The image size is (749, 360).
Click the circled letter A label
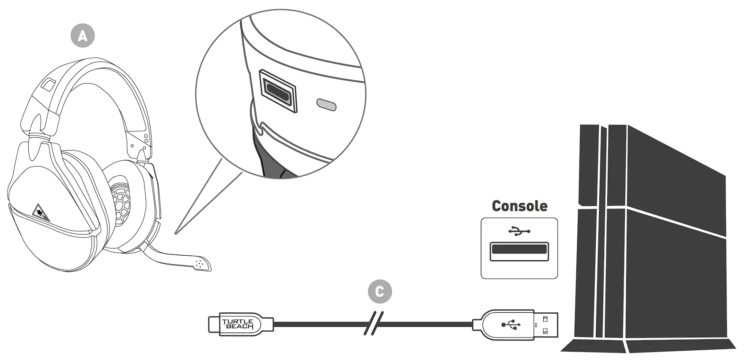(83, 35)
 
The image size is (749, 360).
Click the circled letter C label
(379, 292)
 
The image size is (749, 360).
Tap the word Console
(519, 206)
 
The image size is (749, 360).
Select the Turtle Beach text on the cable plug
(238, 325)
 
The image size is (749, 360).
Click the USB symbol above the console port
(519, 231)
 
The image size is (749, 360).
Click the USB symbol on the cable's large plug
(511, 325)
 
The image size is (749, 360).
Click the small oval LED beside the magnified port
(326, 105)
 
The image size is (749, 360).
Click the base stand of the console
(649, 345)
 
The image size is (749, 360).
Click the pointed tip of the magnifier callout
(176, 233)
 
